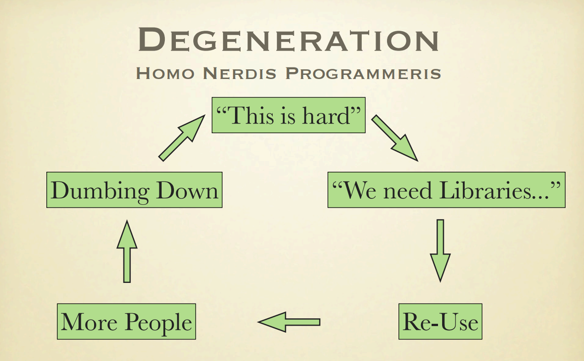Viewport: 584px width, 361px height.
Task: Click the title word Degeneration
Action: click(x=289, y=39)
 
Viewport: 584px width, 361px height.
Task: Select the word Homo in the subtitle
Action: click(x=165, y=73)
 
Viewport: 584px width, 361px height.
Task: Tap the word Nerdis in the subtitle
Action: click(x=240, y=73)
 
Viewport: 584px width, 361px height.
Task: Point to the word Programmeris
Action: click(x=363, y=73)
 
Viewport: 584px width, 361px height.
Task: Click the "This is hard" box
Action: click(x=288, y=115)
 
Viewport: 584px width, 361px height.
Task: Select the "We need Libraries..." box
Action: click(x=446, y=190)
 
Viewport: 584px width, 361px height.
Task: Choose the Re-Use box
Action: click(x=440, y=322)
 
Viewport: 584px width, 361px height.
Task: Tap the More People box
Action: click(x=126, y=322)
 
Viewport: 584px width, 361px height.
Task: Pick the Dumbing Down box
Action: click(x=134, y=190)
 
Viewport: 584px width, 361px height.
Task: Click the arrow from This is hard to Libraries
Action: click(x=394, y=138)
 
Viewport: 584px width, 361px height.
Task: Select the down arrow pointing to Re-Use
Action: click(x=440, y=250)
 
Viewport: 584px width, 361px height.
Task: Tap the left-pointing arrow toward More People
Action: click(x=289, y=322)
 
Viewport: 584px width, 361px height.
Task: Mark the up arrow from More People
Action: click(x=127, y=251)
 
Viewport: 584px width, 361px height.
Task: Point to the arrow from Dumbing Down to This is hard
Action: click(x=182, y=138)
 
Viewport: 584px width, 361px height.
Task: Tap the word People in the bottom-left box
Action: click(x=159, y=323)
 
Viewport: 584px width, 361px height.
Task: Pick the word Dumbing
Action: click(x=100, y=192)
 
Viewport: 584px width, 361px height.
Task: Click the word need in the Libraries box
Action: click(x=407, y=191)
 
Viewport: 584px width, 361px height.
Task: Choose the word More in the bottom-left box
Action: click(x=89, y=322)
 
